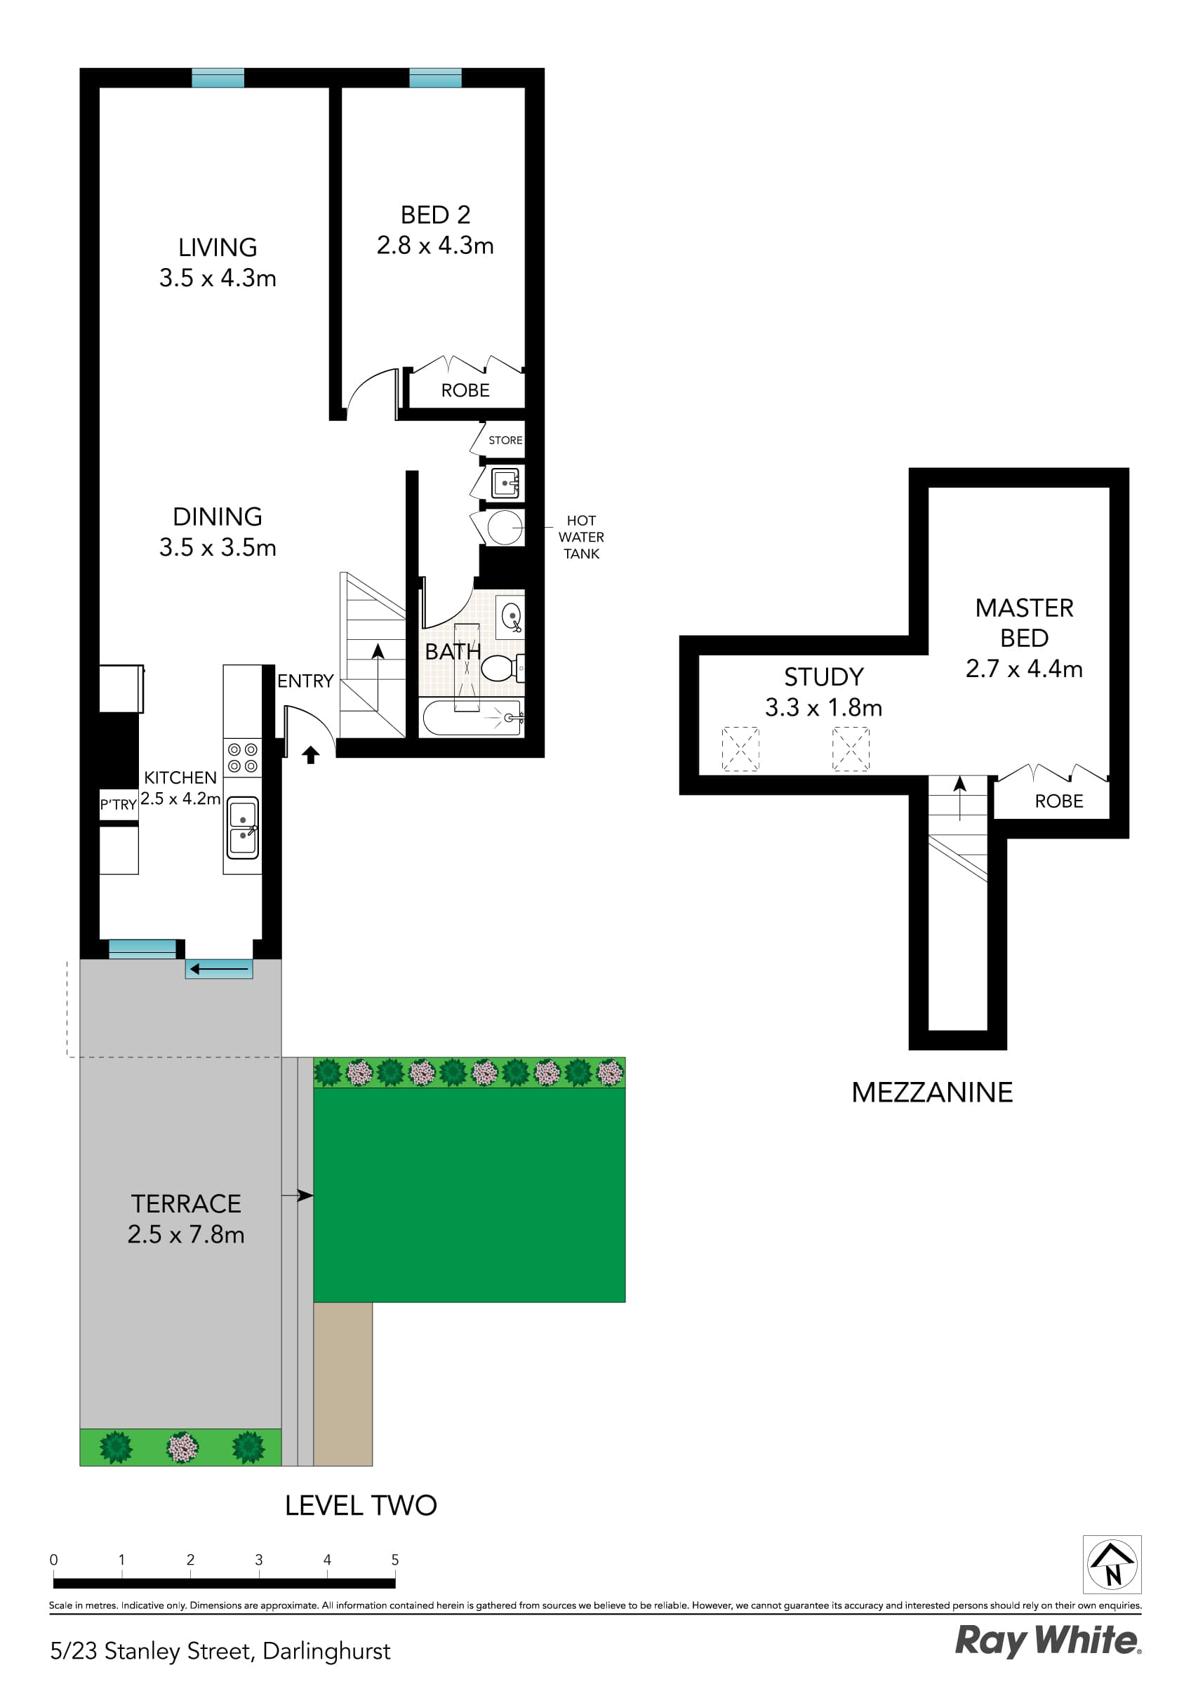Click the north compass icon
[1112, 1565]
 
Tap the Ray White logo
[1047, 1640]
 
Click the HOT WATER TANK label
[581, 537]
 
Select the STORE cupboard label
[505, 440]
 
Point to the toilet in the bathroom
[499, 667]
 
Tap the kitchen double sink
[243, 827]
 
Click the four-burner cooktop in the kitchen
[243, 758]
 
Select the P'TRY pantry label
[119, 805]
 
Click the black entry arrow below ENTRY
[310, 755]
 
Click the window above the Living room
[218, 78]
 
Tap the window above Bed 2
[435, 78]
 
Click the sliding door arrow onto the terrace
[219, 970]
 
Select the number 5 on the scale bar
[395, 1560]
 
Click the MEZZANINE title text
[932, 1092]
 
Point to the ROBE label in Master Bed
[1059, 801]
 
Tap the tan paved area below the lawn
[342, 1383]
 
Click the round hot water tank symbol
[504, 528]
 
